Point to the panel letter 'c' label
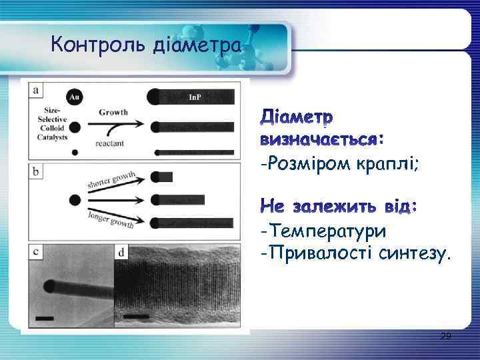point(35,253)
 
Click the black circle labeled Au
point(75,97)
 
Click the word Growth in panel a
point(114,112)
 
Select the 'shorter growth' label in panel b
point(112,180)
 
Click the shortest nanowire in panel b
point(163,177)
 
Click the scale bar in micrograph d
point(136,315)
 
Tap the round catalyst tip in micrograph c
point(50,287)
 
